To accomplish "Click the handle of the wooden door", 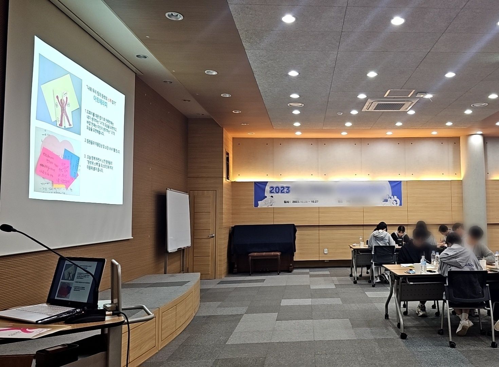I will pyautogui.click(x=211, y=235).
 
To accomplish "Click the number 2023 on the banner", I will pyautogui.click(x=280, y=190).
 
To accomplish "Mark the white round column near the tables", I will pyautogui.click(x=474, y=180).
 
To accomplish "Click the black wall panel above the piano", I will pyautogui.click(x=227, y=165).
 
